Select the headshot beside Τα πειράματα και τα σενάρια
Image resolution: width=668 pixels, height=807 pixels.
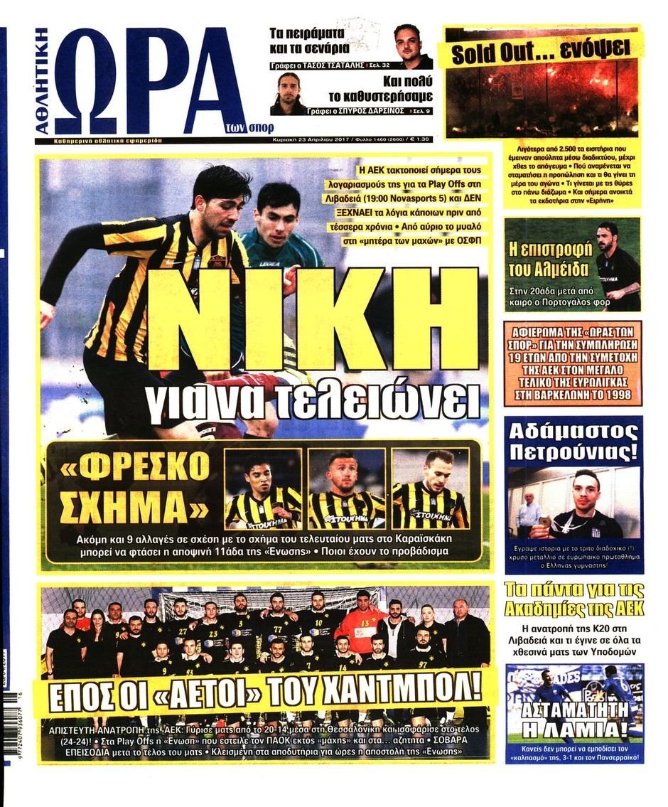412,46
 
